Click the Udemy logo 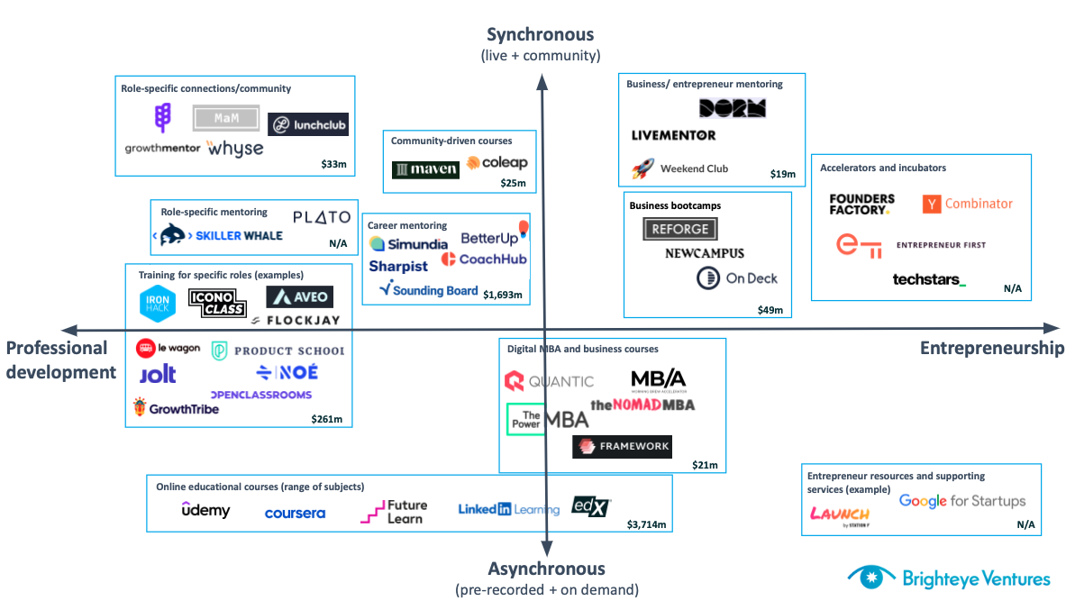(x=205, y=510)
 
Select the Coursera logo (x=295, y=514)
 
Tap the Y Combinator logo (x=968, y=205)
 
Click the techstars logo (x=928, y=279)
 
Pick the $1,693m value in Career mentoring (x=503, y=295)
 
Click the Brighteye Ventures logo (x=948, y=578)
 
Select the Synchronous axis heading (x=541, y=35)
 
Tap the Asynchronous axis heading (x=546, y=569)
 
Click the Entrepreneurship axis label (x=991, y=348)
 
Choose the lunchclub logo (x=308, y=125)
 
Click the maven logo (x=425, y=169)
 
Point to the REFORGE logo (x=680, y=229)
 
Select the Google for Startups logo (x=962, y=501)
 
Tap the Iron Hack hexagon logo (x=159, y=304)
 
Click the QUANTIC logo (x=549, y=381)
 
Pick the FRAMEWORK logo (x=622, y=446)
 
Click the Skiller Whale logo (x=221, y=236)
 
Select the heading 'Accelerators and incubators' (x=882, y=168)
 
